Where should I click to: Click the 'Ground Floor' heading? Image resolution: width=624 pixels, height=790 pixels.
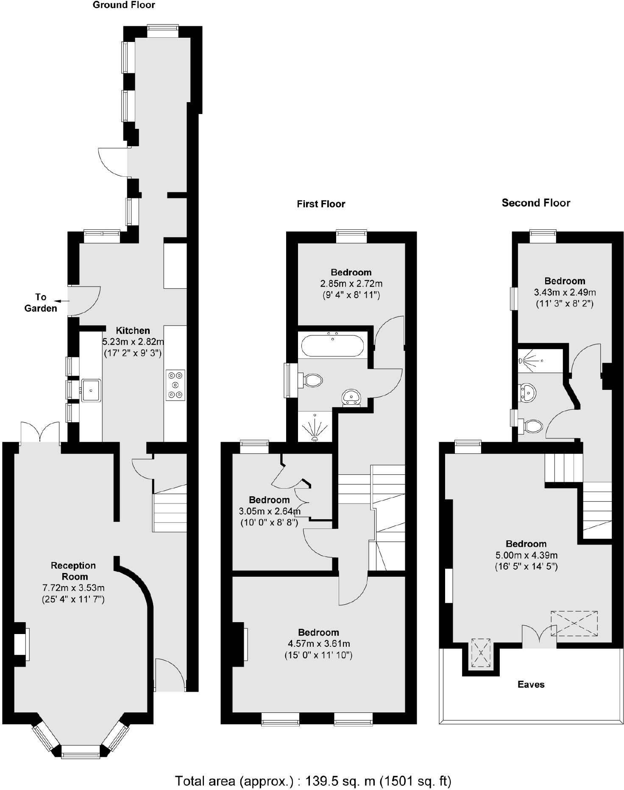pos(124,5)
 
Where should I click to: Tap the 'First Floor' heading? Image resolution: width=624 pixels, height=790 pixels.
pos(321,204)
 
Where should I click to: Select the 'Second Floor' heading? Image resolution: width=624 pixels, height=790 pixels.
pos(536,203)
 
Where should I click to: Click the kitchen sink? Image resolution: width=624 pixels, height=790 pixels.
pos(91,390)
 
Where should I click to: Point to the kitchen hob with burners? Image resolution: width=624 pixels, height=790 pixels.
pos(176,385)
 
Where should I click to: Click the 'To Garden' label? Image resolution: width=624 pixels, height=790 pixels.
pos(41,302)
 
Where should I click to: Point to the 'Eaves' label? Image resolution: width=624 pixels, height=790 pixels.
pos(531,684)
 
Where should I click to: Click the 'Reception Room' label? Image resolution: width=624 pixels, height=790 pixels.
pos(73,571)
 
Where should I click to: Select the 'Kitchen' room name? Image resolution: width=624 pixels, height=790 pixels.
pos(133,331)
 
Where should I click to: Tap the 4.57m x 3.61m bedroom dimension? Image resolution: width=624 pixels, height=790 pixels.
pos(318,644)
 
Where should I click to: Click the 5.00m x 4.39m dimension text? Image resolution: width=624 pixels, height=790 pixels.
pos(526,555)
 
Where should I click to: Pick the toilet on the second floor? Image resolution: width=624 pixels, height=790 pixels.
pos(532,426)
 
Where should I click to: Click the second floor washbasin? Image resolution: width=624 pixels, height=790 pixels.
pos(528,392)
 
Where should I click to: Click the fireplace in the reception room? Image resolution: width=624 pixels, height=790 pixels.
pos(20,644)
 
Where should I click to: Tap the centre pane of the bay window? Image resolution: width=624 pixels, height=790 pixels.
pos(81,753)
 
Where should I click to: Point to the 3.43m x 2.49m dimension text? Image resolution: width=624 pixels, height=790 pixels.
pos(565,292)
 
